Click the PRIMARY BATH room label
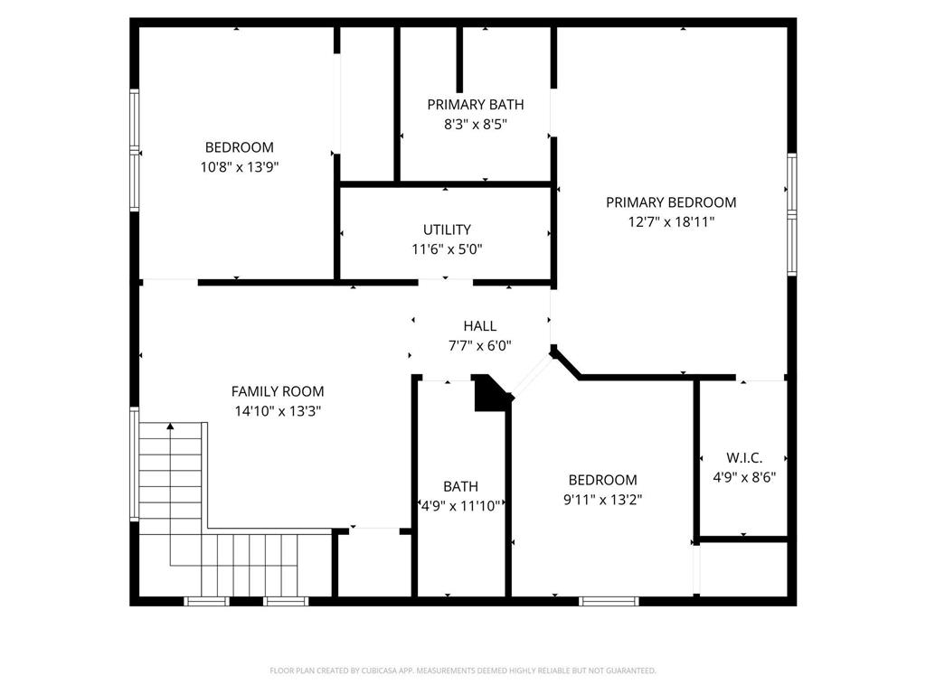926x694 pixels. tap(475, 105)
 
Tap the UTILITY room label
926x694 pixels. tap(447, 230)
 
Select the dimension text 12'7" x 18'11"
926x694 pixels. tap(671, 222)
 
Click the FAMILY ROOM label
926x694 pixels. tap(278, 391)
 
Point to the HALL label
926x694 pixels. tap(479, 326)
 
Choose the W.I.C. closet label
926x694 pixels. tap(744, 458)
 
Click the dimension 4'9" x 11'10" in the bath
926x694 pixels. tap(461, 506)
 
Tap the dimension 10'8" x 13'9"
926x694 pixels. tap(239, 166)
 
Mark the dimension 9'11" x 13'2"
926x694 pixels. tap(602, 499)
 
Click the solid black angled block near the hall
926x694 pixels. tap(491, 395)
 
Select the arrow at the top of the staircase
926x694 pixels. tap(169, 427)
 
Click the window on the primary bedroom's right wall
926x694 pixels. tap(791, 213)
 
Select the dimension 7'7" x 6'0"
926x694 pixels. tap(479, 345)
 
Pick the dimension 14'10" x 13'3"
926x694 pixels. tap(278, 410)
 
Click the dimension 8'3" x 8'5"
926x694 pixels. tap(475, 124)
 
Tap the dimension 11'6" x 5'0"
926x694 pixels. tap(447, 249)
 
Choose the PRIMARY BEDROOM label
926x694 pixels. tap(671, 202)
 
